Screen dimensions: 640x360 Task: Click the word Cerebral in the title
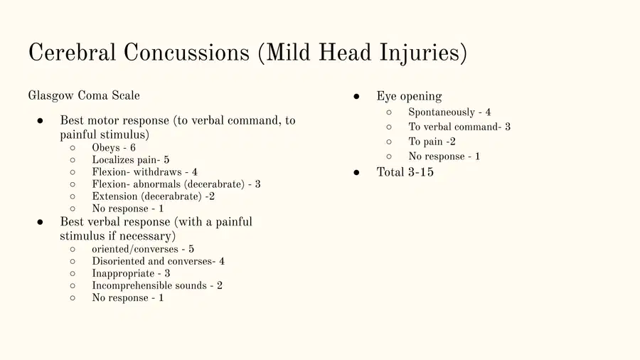(x=73, y=53)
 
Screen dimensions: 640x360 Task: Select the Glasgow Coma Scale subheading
(x=84, y=95)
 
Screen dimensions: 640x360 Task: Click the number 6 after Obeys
(x=133, y=147)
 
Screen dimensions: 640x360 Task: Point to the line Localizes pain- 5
(x=131, y=159)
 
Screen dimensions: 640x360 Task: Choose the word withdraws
(x=158, y=172)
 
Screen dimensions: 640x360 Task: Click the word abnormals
(x=156, y=184)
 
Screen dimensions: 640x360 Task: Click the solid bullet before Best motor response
(x=40, y=120)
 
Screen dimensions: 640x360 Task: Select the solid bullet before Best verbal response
(x=40, y=222)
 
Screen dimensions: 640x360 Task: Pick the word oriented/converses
(x=135, y=249)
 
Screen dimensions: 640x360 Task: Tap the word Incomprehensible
(x=133, y=286)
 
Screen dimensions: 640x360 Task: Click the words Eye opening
(x=409, y=96)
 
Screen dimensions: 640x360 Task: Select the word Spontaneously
(x=442, y=112)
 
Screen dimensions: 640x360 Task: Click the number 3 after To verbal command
(x=508, y=127)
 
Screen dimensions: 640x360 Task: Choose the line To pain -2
(x=432, y=142)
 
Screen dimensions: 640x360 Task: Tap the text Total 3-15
(x=405, y=172)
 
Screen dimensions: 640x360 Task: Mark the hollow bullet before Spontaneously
(x=389, y=112)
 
